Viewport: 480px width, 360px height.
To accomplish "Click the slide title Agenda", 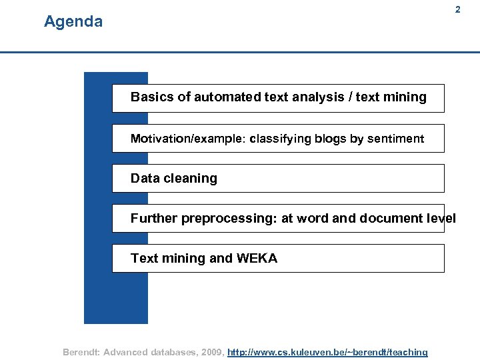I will [x=73, y=22].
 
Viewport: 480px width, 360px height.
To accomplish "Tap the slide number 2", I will [x=457, y=10].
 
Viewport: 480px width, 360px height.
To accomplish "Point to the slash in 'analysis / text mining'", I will [x=351, y=97].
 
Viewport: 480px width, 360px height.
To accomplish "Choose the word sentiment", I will [x=396, y=139].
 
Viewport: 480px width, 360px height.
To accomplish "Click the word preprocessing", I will [x=229, y=219].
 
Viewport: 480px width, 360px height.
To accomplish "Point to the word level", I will [x=442, y=219].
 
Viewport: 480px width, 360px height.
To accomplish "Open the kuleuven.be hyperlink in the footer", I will [x=327, y=352].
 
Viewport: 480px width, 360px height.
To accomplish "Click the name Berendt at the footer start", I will [x=81, y=352].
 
